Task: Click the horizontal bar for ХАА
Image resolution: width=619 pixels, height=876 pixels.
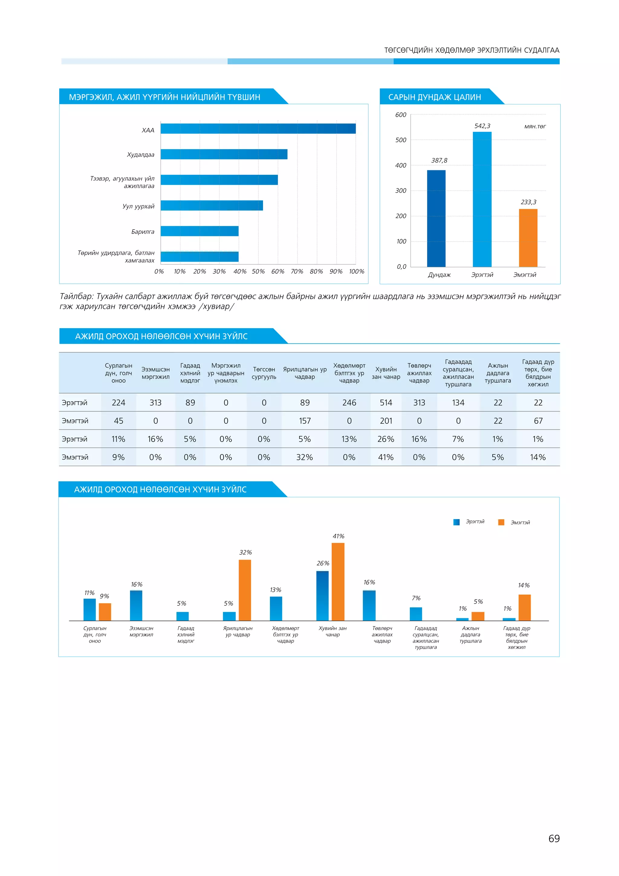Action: click(258, 129)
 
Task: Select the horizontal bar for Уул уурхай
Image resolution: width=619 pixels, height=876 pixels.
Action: click(212, 206)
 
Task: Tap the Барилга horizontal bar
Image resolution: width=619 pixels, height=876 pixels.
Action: click(199, 231)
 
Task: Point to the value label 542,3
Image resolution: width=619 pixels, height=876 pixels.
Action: click(482, 126)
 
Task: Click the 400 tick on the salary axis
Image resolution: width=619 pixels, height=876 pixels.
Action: click(400, 165)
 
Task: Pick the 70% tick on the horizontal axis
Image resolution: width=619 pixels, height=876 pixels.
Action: click(297, 272)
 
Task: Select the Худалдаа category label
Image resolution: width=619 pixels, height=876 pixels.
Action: click(140, 155)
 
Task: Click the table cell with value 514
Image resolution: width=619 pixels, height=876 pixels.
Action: click(386, 403)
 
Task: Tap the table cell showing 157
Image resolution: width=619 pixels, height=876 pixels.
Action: click(305, 421)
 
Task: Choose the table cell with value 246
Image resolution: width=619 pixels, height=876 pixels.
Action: click(349, 403)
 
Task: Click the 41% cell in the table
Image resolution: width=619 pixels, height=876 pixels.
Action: click(386, 457)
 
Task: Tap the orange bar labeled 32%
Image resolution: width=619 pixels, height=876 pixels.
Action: click(245, 590)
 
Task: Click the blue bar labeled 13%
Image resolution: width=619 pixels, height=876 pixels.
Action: click(276, 608)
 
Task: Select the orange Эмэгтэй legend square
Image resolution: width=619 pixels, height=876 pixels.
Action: click(501, 522)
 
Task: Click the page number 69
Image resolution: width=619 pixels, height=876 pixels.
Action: click(554, 838)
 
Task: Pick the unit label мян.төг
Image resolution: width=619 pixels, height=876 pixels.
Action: click(535, 126)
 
